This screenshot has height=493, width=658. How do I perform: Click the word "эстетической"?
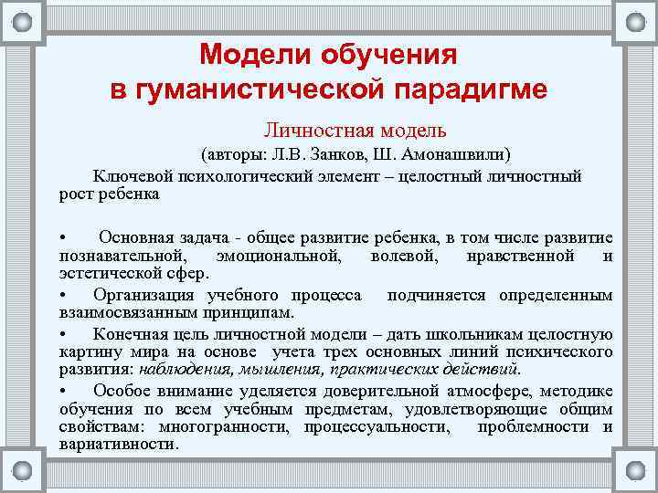(101, 273)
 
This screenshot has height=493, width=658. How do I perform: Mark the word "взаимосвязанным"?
(119, 313)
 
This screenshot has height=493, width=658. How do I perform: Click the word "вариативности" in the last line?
(115, 445)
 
